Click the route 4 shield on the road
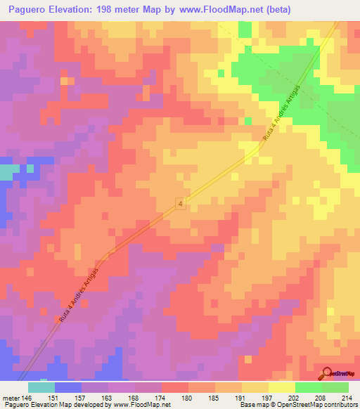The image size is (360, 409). point(181,204)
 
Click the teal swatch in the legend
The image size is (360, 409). point(41,387)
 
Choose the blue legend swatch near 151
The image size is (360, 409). point(67,387)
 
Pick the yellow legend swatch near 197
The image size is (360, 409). point(282,387)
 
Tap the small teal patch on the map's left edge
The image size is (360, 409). point(8,172)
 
